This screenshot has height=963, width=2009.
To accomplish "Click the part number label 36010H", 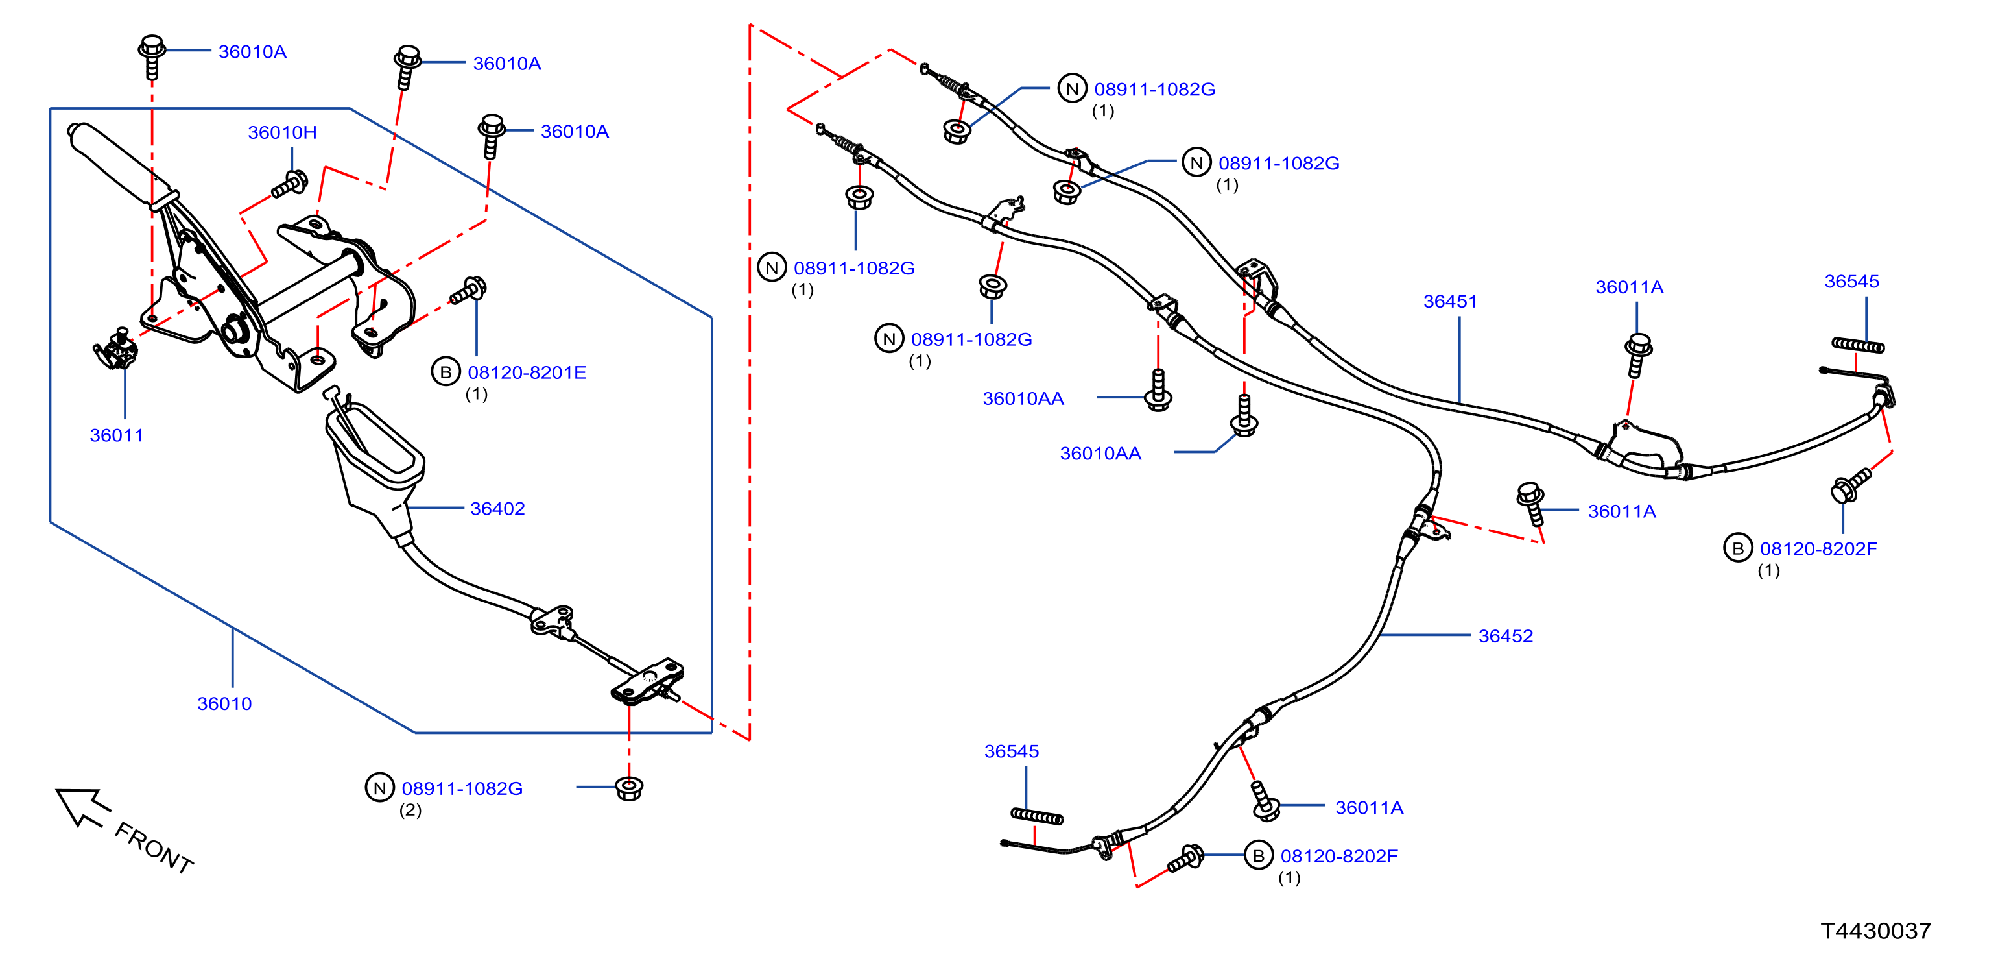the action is pyautogui.click(x=282, y=132).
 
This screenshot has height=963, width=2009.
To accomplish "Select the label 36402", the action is pyautogui.click(x=497, y=509).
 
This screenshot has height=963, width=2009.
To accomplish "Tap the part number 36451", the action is pyautogui.click(x=1451, y=301).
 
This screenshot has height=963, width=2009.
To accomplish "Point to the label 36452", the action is pyautogui.click(x=1506, y=636).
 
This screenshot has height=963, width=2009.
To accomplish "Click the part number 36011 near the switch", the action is pyautogui.click(x=117, y=435).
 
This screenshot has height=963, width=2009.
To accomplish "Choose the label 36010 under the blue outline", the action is pyautogui.click(x=224, y=704).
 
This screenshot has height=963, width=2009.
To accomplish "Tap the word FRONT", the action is pyautogui.click(x=154, y=848).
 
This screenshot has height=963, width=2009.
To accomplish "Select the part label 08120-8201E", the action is pyautogui.click(x=527, y=373).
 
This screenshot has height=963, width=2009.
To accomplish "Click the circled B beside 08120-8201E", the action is pyautogui.click(x=446, y=372).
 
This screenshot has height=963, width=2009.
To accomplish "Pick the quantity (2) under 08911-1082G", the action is pyautogui.click(x=410, y=810).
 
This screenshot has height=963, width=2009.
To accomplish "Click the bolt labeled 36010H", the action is pyautogui.click(x=289, y=185).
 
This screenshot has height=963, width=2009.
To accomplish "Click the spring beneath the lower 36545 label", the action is pyautogui.click(x=1036, y=816).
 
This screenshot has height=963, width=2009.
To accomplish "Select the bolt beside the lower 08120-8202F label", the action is pyautogui.click(x=1186, y=859).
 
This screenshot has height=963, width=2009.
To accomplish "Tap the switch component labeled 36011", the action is pyautogui.click(x=116, y=350).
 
